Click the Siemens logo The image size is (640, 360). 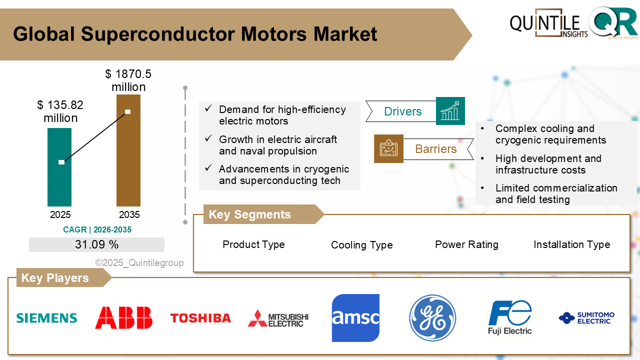click(46, 318)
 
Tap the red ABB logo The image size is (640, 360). click(123, 317)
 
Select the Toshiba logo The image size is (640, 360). click(200, 318)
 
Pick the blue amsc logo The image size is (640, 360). click(355, 318)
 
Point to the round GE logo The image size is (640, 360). click(432, 318)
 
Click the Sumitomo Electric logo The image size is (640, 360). click(586, 318)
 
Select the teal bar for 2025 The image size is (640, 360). click(59, 167)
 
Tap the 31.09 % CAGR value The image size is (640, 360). click(96, 244)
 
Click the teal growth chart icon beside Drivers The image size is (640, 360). click(450, 111)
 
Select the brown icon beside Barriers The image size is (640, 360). click(388, 148)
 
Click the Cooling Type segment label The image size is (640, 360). click(361, 245)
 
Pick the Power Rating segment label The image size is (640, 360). click(466, 244)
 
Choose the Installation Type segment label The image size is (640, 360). click(571, 244)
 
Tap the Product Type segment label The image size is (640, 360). click(253, 244)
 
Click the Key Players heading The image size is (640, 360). click(55, 278)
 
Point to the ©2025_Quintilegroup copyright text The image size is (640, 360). click(139, 262)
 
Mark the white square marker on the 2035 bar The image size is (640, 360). click(127, 111)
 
